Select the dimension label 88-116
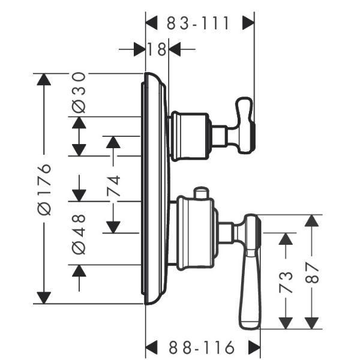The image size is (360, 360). tap(203, 347)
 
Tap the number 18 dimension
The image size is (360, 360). tap(157, 49)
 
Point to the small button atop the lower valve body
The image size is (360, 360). tap(201, 193)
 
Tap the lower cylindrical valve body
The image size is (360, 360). tap(194, 234)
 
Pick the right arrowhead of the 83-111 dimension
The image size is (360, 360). tap(248, 23)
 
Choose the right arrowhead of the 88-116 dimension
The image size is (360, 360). tap(254, 347)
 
